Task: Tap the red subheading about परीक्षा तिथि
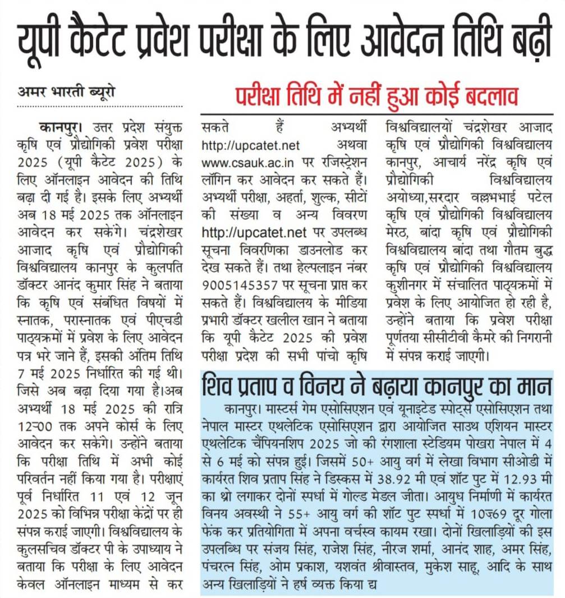click(x=375, y=97)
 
